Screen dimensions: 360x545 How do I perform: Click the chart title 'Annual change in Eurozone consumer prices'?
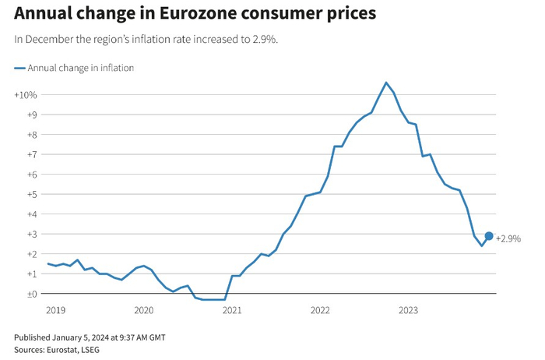point(195,14)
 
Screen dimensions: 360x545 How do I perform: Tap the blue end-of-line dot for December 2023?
point(489,236)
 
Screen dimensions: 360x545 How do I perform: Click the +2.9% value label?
point(508,238)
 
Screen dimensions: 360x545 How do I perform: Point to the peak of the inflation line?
point(386,83)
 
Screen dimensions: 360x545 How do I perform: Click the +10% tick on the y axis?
point(26,95)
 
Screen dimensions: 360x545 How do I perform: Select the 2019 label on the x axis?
point(55,310)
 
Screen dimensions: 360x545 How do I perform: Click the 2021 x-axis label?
point(232,310)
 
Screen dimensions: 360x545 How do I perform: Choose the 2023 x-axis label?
point(408,310)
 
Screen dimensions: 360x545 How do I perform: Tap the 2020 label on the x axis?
point(144,310)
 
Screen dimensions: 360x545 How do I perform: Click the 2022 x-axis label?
point(320,310)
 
